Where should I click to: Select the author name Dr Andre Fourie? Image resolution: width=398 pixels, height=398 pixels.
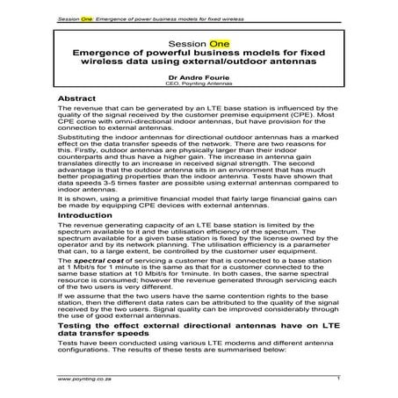pyautogui.click(x=199, y=76)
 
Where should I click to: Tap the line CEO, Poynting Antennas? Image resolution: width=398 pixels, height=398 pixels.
pyautogui.click(x=199, y=83)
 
